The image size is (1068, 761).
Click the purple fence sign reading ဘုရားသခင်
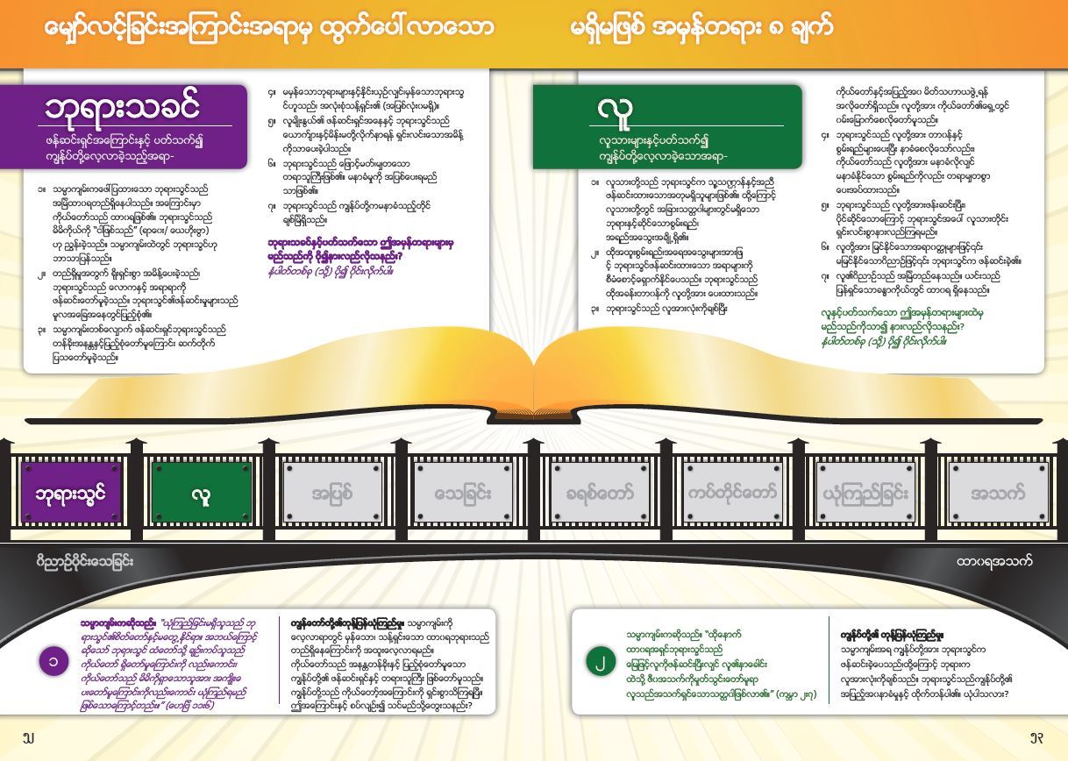[71, 494]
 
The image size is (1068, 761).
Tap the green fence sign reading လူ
[201, 494]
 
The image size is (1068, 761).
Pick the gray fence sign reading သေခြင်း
[462, 494]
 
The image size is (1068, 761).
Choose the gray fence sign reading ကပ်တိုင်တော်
[732, 494]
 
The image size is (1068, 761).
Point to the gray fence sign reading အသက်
[997, 494]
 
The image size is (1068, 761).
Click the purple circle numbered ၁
[53, 661]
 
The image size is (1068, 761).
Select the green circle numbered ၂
[601, 662]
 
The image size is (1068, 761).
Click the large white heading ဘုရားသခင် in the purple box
[123, 107]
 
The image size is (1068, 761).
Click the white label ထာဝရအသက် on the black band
[993, 561]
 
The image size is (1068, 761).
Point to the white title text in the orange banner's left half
[268, 27]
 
